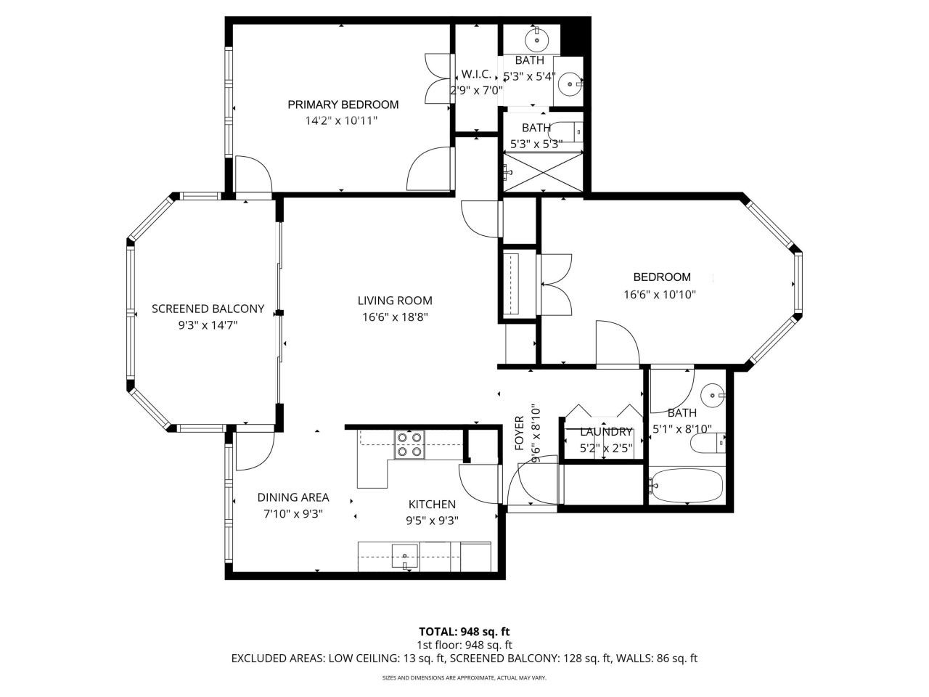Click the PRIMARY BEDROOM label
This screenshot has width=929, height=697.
click(343, 105)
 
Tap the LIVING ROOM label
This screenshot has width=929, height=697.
click(395, 301)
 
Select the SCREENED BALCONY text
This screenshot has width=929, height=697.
click(208, 309)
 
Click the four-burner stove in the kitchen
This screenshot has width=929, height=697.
click(409, 444)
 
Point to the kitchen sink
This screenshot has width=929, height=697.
click(404, 555)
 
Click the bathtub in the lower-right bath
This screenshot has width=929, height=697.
click(686, 484)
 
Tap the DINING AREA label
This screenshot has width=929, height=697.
click(293, 497)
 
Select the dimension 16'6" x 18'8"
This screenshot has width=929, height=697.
click(395, 317)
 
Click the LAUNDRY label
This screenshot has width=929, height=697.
click(606, 432)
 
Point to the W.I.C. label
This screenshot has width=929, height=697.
click(476, 75)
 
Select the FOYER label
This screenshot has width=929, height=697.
click(520, 433)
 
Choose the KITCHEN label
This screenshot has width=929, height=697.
click(432, 505)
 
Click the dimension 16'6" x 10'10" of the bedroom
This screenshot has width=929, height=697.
click(660, 295)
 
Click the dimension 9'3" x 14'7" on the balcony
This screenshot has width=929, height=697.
click(208, 326)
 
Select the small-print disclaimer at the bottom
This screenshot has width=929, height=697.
click(464, 678)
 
